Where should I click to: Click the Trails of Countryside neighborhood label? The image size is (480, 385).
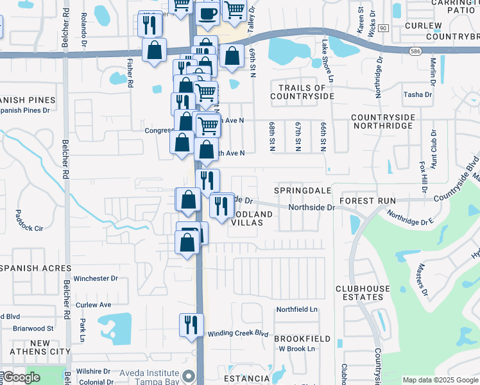pos(302,92)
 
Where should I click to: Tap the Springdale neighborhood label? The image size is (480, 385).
pos(302,191)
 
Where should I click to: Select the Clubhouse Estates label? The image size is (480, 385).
pos(359,293)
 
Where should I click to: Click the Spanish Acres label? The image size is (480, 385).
pos(31,268)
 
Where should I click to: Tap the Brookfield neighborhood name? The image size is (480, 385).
pos(302,338)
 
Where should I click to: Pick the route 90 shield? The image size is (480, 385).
pos(384,29)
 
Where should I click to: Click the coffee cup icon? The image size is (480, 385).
pos(207,14)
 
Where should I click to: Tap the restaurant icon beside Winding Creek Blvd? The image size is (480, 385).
pos(191,324)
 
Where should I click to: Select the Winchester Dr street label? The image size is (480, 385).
pos(96,278)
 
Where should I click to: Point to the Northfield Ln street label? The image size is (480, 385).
pos(297,309)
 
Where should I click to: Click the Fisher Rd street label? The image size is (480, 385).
pos(130,73)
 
